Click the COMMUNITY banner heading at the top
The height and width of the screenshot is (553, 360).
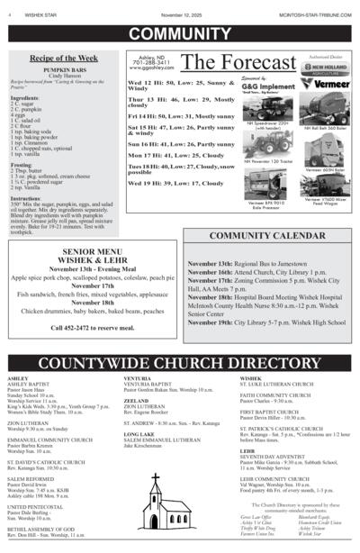(179, 34)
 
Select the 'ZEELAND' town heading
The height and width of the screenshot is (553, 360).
(136, 400)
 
